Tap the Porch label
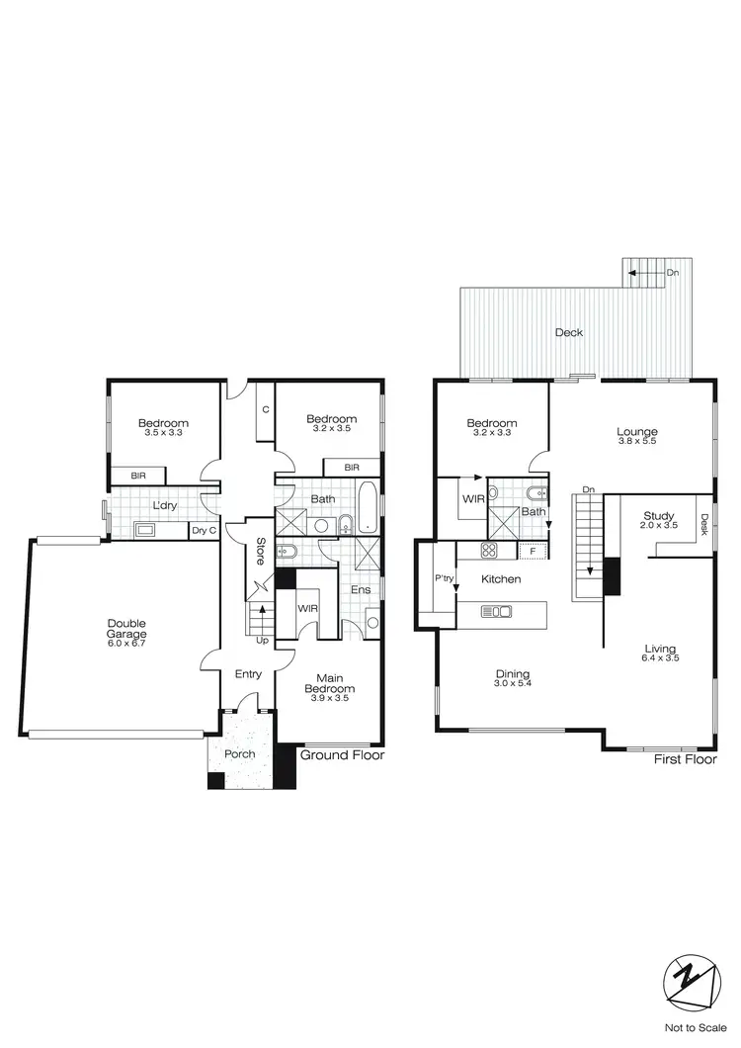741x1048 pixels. [x=239, y=754]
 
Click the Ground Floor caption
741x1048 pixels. [x=342, y=755]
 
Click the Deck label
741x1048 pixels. [x=568, y=333]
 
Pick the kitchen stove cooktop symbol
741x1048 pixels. [x=489, y=551]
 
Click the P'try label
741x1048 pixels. [x=443, y=578]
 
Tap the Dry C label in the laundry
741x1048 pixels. [x=204, y=531]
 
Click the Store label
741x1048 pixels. [x=260, y=550]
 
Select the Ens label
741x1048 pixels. [x=360, y=590]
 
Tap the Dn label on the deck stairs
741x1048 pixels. [x=672, y=272]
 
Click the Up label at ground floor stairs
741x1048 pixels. [x=262, y=641]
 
